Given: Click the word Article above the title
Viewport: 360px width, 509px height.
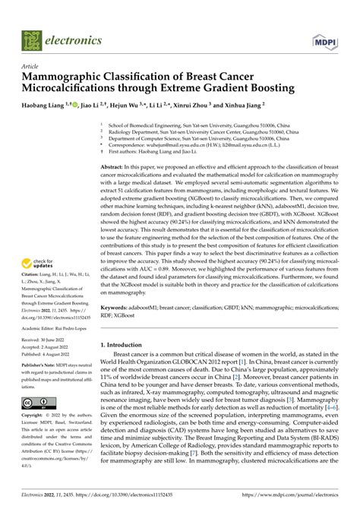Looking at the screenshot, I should (31, 66).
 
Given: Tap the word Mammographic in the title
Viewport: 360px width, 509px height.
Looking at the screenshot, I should (72, 77).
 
